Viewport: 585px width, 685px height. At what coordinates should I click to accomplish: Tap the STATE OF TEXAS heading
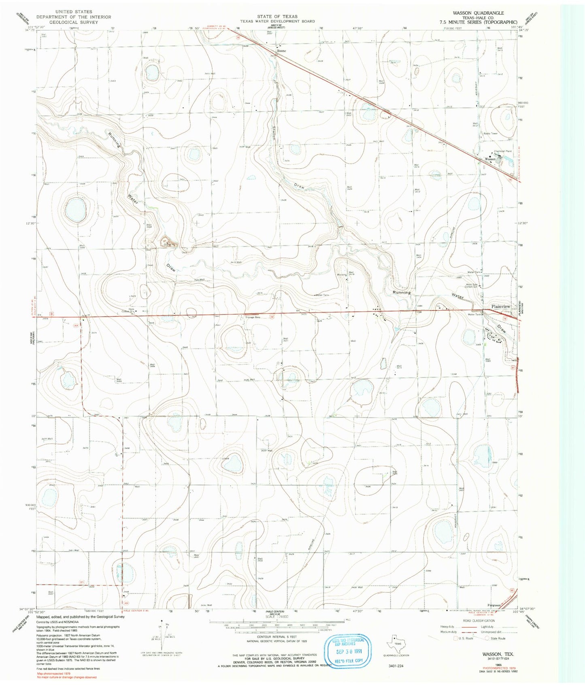(277, 17)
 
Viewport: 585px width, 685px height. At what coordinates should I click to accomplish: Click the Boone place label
(282, 51)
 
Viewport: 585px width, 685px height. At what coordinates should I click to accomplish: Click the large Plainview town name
(501, 306)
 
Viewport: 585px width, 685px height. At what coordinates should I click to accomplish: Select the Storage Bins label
(253, 317)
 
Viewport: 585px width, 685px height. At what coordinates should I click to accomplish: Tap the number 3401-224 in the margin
(396, 665)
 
